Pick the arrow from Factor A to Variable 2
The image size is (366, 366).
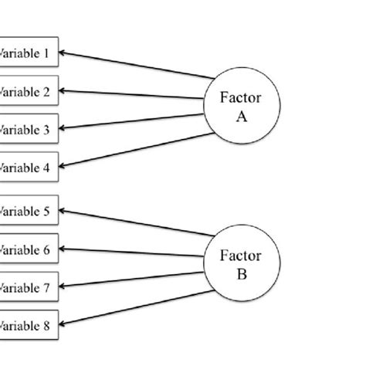tap(131, 94)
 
